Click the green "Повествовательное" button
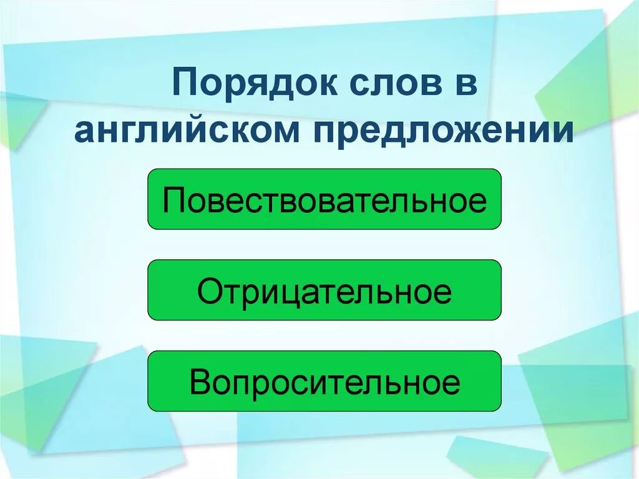click(324, 199)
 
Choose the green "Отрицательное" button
click(324, 290)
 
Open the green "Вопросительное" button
click(324, 381)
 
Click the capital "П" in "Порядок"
click(183, 84)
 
